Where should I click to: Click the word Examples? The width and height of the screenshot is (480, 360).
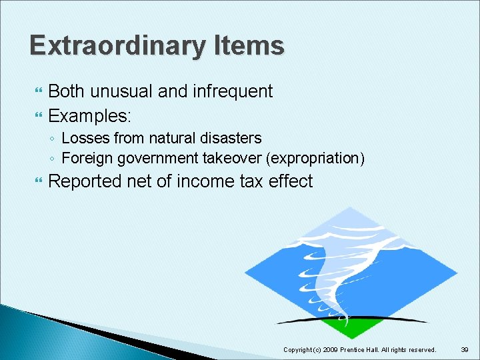point(91,115)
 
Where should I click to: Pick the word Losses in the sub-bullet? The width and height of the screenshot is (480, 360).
point(85,138)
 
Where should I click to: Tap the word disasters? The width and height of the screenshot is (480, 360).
point(231,138)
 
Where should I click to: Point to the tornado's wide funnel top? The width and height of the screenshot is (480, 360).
point(333,230)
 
